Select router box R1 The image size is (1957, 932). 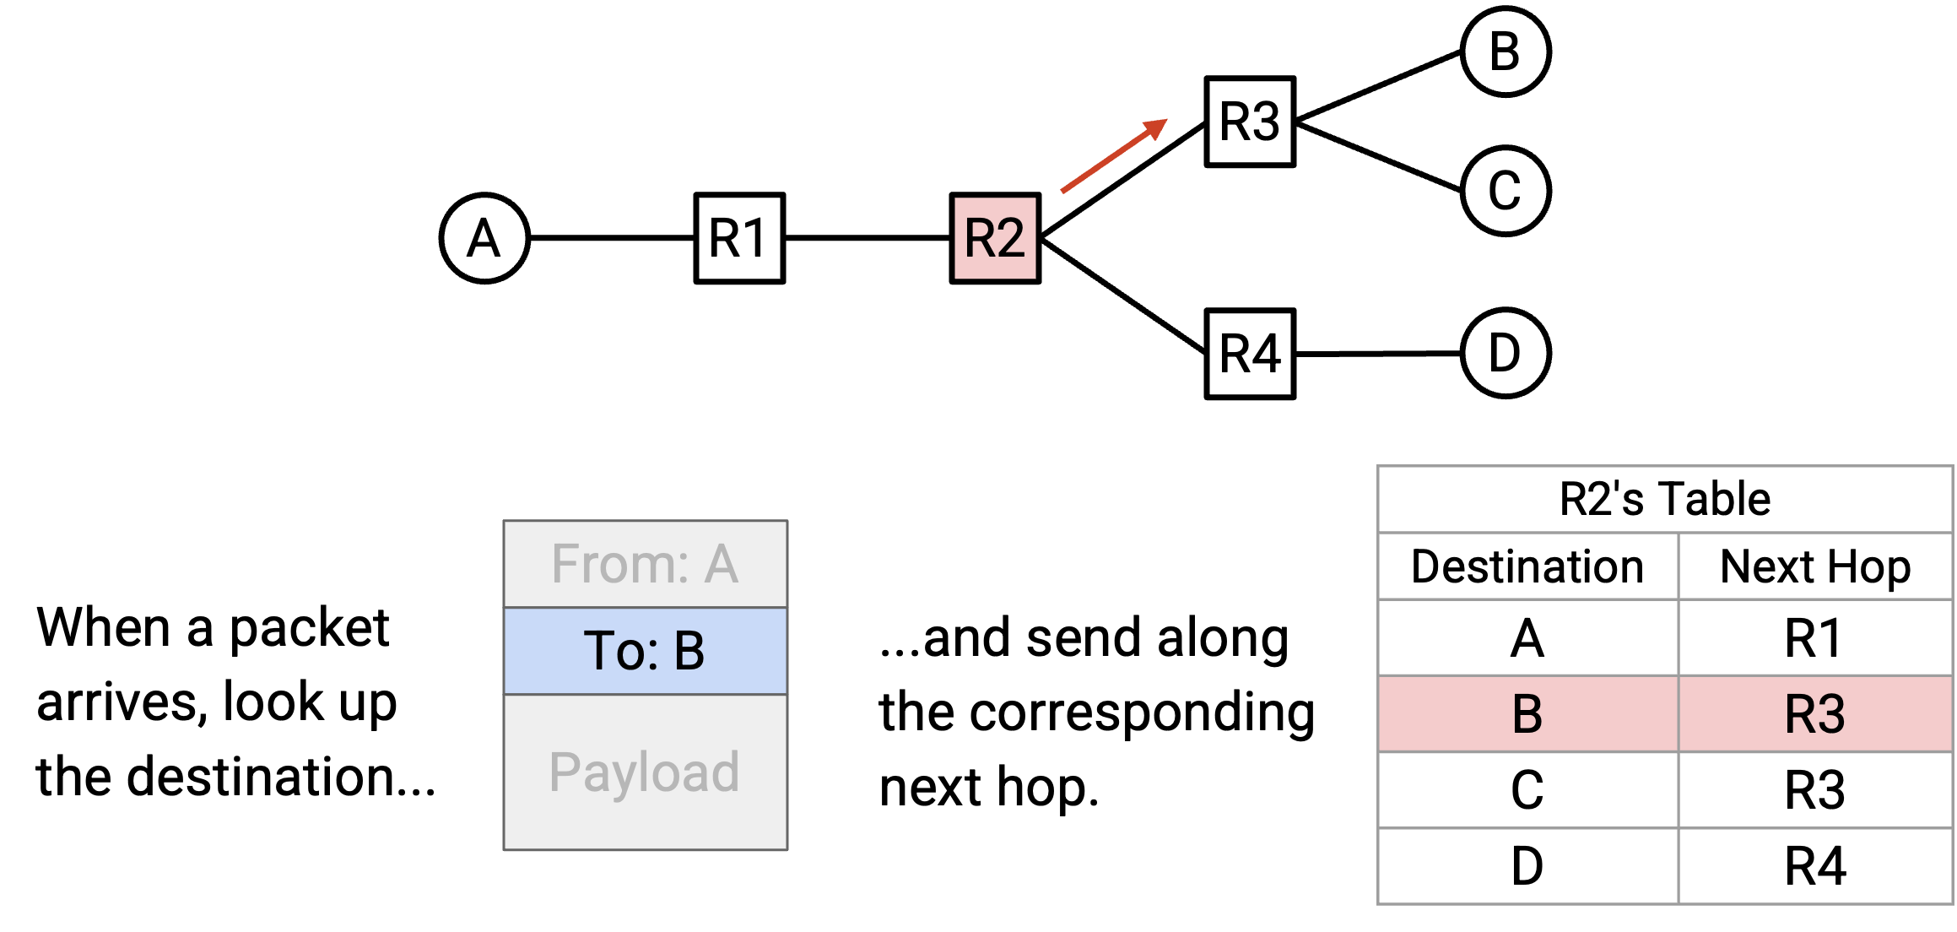[x=739, y=238]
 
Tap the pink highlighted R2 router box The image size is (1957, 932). [x=995, y=238]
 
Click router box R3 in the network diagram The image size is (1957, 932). [x=1250, y=122]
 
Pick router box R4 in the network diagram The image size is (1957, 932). [x=1250, y=354]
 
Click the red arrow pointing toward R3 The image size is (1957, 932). [x=1114, y=156]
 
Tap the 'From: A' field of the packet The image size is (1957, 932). [x=646, y=564]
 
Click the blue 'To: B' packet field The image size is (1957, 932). [x=646, y=651]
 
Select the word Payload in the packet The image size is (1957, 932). [x=644, y=772]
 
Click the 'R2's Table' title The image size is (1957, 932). [x=1664, y=499]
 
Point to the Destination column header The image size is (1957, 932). [x=1527, y=566]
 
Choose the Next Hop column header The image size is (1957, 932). [x=1815, y=566]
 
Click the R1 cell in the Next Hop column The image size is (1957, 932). [x=1815, y=638]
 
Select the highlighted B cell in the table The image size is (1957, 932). [x=1527, y=714]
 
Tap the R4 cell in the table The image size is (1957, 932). [x=1815, y=866]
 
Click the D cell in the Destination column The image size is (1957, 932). [x=1527, y=866]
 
